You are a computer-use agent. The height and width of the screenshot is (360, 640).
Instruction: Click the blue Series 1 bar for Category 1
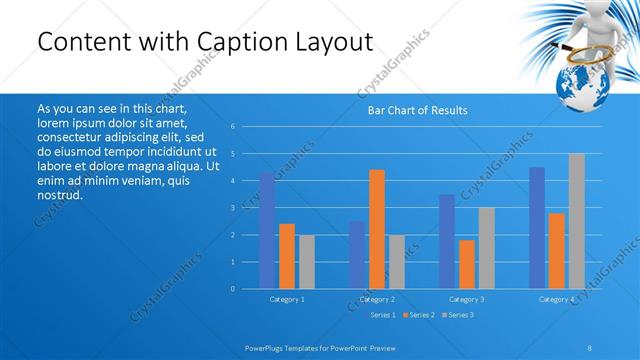point(267,231)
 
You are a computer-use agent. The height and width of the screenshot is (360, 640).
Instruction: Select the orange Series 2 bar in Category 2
point(377,229)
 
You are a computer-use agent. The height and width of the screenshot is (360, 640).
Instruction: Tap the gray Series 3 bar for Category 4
point(577,221)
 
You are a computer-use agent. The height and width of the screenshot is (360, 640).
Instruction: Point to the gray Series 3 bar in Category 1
point(307,262)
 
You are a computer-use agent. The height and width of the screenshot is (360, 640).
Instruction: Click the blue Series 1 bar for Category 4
point(537,228)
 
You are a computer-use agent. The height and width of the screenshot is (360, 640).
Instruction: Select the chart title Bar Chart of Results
point(418,110)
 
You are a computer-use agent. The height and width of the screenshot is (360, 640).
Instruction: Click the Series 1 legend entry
point(383,315)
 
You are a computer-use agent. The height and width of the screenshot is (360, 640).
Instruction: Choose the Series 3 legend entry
point(459,315)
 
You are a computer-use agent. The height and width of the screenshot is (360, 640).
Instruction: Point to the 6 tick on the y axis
point(232,127)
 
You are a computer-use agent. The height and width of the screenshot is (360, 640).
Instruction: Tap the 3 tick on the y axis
point(232,208)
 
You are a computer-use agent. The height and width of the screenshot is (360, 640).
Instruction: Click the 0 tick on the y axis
point(232,289)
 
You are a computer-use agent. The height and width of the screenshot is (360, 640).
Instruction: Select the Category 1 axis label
point(287,299)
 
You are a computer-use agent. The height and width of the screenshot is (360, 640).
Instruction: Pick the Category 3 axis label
point(467,299)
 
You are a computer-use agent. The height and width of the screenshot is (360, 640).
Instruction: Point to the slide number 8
point(590,347)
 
